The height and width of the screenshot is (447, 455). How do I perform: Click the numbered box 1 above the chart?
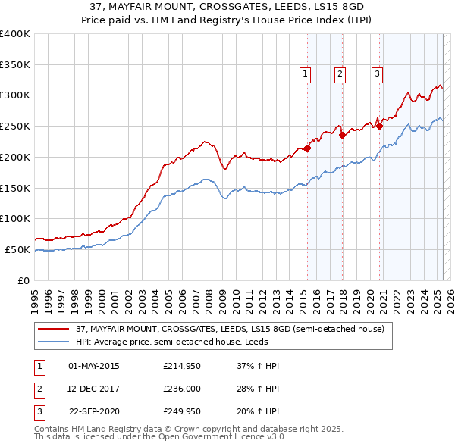(305, 74)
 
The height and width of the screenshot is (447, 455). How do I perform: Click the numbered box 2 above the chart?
(339, 74)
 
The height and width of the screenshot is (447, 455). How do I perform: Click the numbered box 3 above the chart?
(376, 74)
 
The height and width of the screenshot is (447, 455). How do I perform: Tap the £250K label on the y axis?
(15, 127)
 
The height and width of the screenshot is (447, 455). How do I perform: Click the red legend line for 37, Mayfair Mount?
(54, 329)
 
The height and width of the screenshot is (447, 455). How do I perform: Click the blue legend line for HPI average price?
(54, 342)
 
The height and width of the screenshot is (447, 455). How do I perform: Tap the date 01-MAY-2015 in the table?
(94, 366)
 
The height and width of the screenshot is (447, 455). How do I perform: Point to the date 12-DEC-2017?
(94, 389)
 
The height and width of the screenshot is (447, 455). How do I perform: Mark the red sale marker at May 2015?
(308, 148)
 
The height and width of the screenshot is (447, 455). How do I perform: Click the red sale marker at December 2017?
(342, 136)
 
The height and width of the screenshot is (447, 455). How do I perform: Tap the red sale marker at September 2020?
(379, 127)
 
